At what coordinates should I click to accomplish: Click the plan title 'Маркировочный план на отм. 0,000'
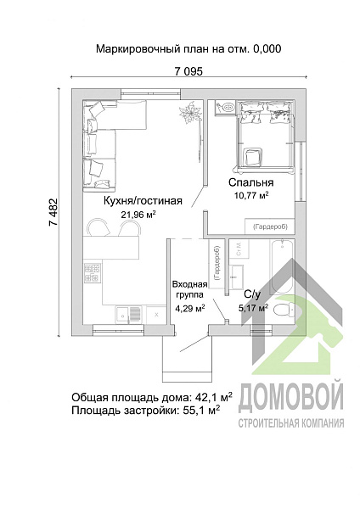[188, 49]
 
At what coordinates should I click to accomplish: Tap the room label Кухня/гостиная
[143, 201]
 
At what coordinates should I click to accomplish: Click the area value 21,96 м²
[138, 215]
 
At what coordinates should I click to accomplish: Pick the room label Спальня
[250, 182]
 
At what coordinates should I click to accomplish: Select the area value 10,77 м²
[250, 195]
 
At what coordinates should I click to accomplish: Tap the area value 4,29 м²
[188, 309]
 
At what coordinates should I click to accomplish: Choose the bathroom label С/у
[253, 294]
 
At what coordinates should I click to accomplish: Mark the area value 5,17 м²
[251, 307]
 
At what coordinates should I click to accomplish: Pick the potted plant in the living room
[188, 114]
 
